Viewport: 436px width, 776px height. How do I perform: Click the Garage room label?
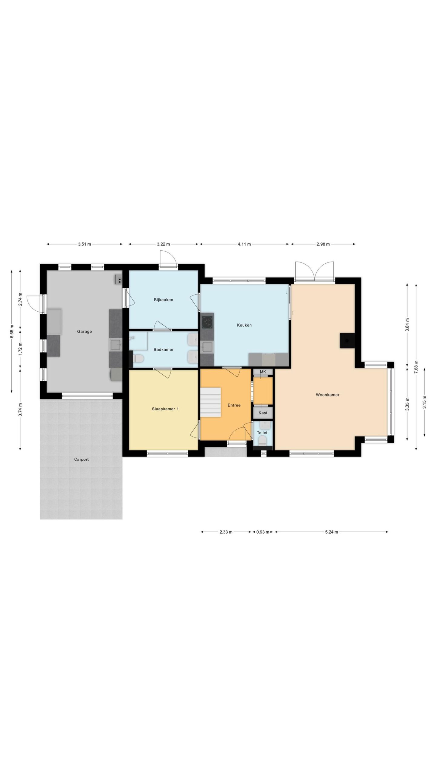(x=84, y=331)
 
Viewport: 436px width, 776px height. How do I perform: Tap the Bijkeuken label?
(x=163, y=300)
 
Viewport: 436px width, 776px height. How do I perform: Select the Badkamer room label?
(x=163, y=350)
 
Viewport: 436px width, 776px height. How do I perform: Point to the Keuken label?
(x=244, y=325)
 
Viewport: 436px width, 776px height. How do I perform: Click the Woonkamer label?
(x=328, y=395)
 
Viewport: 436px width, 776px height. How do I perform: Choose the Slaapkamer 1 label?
(x=165, y=409)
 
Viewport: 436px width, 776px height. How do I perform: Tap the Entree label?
(x=234, y=405)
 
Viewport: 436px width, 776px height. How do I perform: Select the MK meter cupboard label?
(x=263, y=372)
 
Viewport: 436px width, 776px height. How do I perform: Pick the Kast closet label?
(x=263, y=413)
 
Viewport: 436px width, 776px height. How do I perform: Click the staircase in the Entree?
(x=211, y=403)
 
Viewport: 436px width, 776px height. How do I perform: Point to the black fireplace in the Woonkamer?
(x=347, y=341)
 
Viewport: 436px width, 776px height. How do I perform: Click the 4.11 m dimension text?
(x=244, y=244)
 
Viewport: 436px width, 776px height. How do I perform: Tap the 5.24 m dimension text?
(x=332, y=532)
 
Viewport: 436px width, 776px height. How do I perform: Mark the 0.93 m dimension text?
(x=263, y=532)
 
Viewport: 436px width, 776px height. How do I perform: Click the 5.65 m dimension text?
(x=12, y=331)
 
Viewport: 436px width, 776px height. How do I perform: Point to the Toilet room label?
(x=262, y=433)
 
